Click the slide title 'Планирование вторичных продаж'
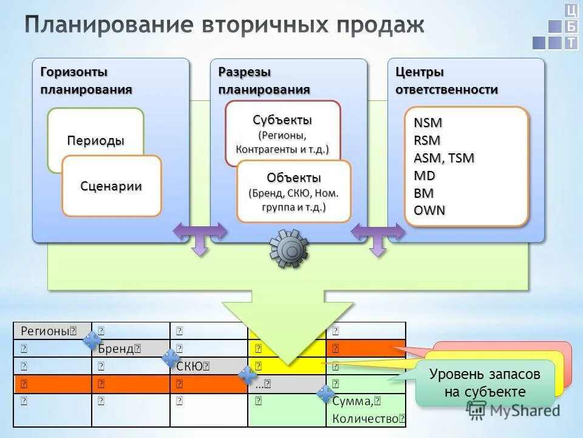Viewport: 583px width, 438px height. (225, 25)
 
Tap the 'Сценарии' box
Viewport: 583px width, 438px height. (111, 186)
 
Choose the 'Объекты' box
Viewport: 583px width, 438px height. (293, 192)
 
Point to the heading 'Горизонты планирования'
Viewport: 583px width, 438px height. (86, 80)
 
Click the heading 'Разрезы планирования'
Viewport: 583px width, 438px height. (264, 80)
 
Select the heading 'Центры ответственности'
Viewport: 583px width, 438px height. (446, 80)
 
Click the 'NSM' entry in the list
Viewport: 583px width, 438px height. (428, 122)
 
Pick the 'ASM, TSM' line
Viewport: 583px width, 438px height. (444, 158)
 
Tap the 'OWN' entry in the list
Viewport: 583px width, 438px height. (429, 210)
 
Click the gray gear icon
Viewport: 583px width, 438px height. (288, 248)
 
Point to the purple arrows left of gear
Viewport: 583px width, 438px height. (200, 235)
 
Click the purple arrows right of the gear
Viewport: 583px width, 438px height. (378, 235)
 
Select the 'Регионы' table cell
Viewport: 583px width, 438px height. (52, 331)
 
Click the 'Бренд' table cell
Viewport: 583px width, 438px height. (130, 349)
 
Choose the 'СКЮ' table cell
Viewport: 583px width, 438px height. (208, 366)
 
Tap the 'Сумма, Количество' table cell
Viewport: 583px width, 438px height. (366, 409)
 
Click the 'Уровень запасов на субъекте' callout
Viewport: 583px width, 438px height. (485, 383)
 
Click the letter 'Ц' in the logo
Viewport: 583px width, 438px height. (571, 10)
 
